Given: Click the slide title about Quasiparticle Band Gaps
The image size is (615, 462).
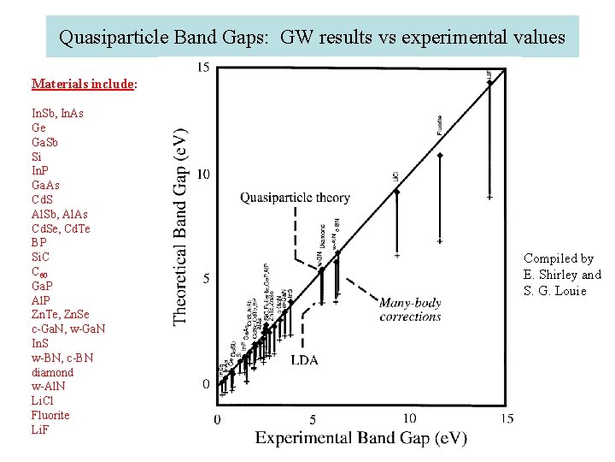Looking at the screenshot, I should [312, 38].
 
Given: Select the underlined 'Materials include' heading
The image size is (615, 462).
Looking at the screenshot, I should [84, 84].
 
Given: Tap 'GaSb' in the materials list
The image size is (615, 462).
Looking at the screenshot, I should [45, 142].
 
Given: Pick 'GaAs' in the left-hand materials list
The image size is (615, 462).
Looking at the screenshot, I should [45, 185].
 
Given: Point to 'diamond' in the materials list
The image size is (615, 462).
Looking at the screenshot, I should [52, 372].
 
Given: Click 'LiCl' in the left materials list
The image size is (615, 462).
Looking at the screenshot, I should [44, 401].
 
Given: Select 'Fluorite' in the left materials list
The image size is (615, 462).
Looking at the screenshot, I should [50, 416].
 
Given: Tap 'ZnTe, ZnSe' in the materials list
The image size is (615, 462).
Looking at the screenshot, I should [60, 315].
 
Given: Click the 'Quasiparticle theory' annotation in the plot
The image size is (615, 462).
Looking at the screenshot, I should [295, 198].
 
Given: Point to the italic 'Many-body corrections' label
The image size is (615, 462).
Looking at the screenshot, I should [410, 310].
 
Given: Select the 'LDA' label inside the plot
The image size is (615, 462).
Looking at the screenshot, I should [304, 360].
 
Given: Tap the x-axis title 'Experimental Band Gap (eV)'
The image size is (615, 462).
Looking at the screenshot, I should [360, 438].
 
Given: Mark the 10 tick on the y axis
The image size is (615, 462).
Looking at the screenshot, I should [202, 174].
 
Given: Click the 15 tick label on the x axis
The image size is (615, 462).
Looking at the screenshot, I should [507, 418].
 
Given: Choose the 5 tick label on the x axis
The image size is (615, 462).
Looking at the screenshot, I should [313, 419].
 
